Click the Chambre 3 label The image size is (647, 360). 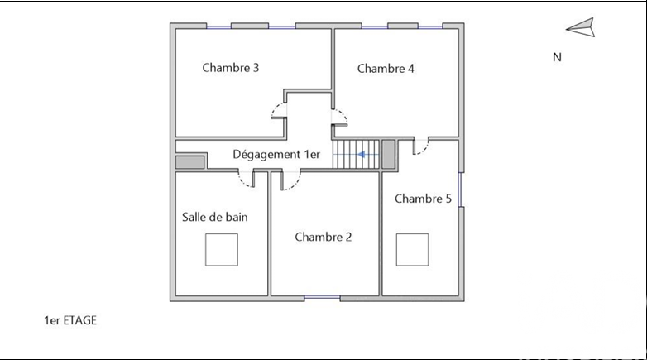230,68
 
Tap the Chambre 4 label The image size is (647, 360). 386,69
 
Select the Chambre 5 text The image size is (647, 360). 423,199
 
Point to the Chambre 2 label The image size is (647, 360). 323,237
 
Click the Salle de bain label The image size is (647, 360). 214,217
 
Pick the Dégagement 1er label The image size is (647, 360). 276,155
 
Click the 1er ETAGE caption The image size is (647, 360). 70,320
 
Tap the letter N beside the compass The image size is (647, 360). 557,57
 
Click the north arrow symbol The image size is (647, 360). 581,27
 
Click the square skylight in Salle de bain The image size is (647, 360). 222,250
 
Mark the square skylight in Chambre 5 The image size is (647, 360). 412,250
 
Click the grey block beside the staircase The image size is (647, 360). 388,155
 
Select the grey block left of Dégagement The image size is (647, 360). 189,162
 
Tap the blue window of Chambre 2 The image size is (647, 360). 323,298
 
